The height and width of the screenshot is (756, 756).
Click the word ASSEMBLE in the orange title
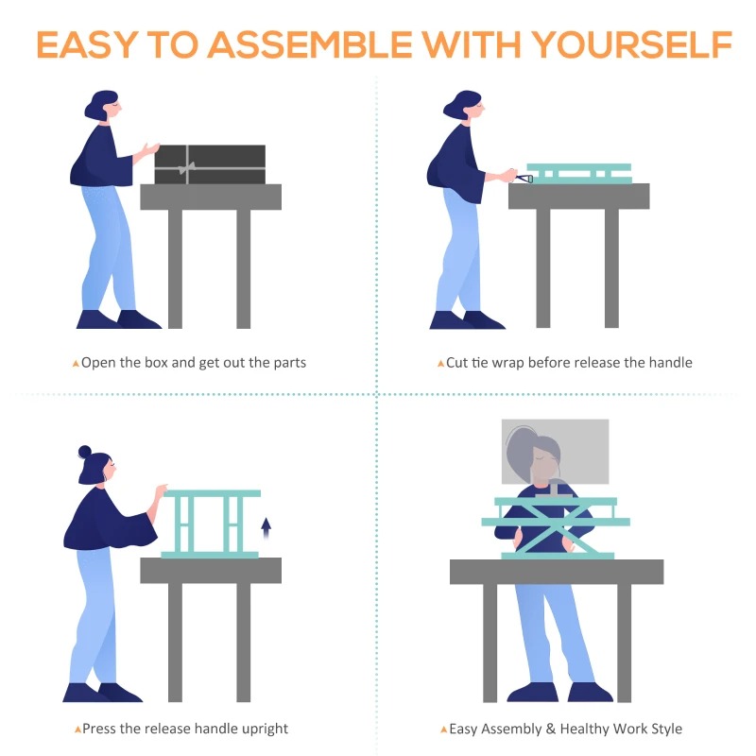point(310,44)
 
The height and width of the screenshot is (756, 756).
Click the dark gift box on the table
point(210,164)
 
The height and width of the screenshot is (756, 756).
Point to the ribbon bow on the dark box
point(186,168)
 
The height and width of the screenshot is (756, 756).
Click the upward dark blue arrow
point(266,528)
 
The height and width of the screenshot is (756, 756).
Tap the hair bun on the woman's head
point(85,452)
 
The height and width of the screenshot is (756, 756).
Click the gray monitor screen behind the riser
point(555,452)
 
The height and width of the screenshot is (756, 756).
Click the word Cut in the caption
point(457,363)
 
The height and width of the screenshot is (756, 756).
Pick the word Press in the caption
point(99,728)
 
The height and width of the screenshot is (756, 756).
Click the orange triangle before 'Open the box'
point(76,364)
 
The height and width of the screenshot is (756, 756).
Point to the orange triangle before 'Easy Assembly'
point(443,730)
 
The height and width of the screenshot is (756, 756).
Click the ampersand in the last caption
point(551,729)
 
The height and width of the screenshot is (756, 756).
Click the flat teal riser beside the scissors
point(579,174)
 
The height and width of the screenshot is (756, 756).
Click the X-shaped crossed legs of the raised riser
point(556,529)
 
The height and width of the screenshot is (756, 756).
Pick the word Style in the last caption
point(667,729)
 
